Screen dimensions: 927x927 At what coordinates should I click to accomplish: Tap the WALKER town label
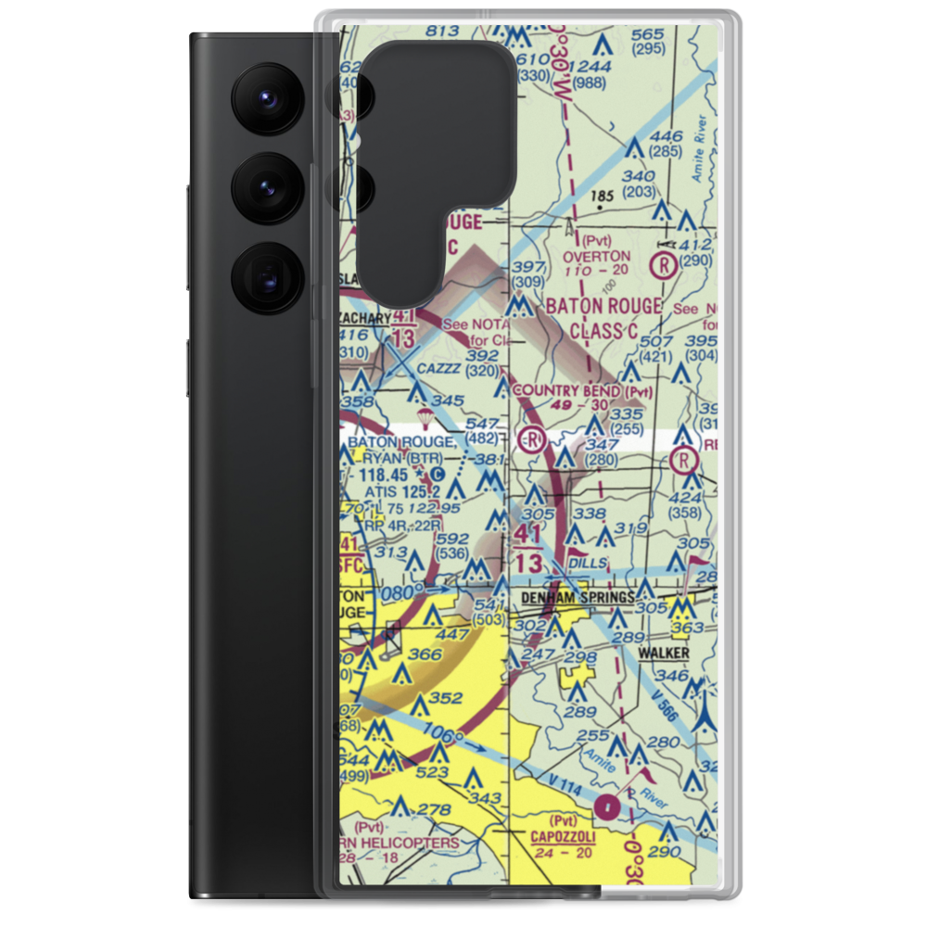[x=663, y=654]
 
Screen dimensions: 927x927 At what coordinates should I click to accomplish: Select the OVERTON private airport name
[x=596, y=256]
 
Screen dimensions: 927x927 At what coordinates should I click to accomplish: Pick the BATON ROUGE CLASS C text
[x=603, y=317]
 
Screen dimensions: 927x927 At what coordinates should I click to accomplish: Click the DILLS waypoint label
[x=590, y=563]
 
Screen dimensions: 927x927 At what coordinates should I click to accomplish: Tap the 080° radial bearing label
[x=407, y=590]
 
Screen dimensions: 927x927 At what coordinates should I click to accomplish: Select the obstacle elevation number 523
[x=433, y=771]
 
